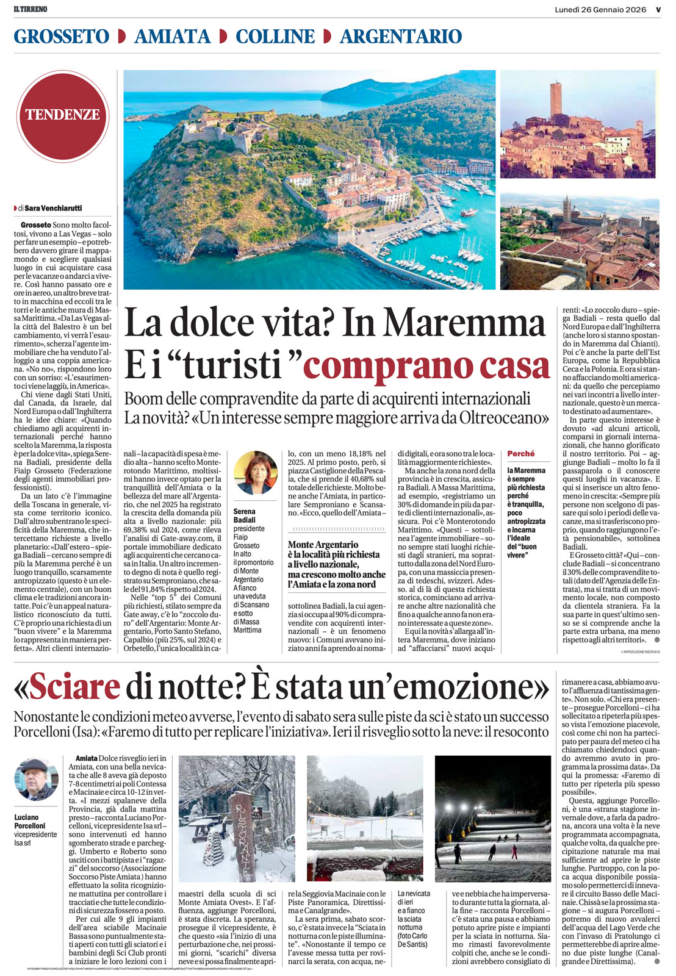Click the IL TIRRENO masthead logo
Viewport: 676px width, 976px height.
point(31,9)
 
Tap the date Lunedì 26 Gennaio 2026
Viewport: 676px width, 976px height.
point(600,9)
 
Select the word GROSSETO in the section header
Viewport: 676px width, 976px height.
point(62,37)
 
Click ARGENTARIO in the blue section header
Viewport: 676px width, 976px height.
point(401,37)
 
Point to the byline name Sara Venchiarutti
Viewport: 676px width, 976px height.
point(54,208)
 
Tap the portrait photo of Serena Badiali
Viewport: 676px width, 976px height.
point(255,473)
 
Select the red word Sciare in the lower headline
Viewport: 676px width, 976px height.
point(74,687)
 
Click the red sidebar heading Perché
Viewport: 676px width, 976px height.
point(520,454)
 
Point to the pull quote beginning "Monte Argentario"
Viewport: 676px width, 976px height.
point(336,564)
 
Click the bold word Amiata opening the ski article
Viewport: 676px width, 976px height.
point(87,758)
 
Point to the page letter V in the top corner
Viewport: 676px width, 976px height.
point(658,9)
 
